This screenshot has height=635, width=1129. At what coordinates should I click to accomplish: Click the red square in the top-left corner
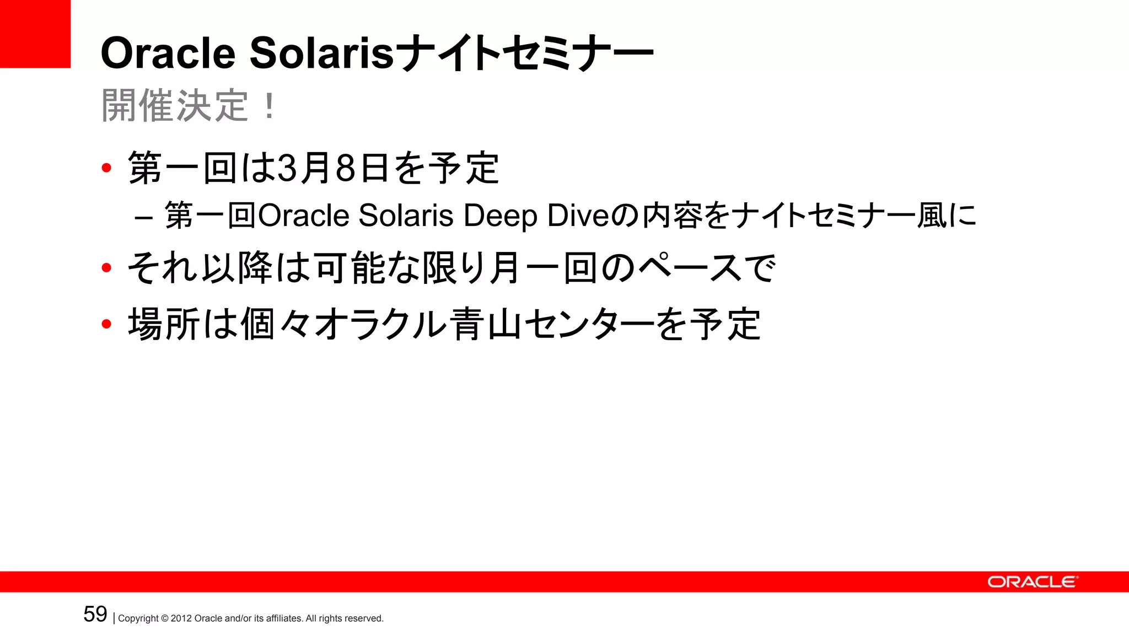35,34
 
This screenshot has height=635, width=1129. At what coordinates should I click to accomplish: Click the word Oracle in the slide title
168,53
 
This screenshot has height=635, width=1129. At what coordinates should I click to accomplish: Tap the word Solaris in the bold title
322,53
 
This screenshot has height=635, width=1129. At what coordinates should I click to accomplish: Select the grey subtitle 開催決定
175,106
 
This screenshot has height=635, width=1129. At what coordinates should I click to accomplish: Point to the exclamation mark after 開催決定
269,106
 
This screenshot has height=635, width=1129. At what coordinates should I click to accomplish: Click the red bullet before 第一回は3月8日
107,168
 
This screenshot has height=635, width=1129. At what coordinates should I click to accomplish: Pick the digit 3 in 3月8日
287,168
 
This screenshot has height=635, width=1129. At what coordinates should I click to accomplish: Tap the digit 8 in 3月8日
345,168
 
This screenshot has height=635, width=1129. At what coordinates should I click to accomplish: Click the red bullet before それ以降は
107,268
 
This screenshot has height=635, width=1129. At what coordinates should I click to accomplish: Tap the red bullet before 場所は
107,324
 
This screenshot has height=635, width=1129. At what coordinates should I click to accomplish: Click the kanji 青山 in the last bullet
485,324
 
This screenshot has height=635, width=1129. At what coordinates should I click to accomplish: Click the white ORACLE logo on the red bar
1031,582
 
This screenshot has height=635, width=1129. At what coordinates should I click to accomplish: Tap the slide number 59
95,614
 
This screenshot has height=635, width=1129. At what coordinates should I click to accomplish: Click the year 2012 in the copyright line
181,618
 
